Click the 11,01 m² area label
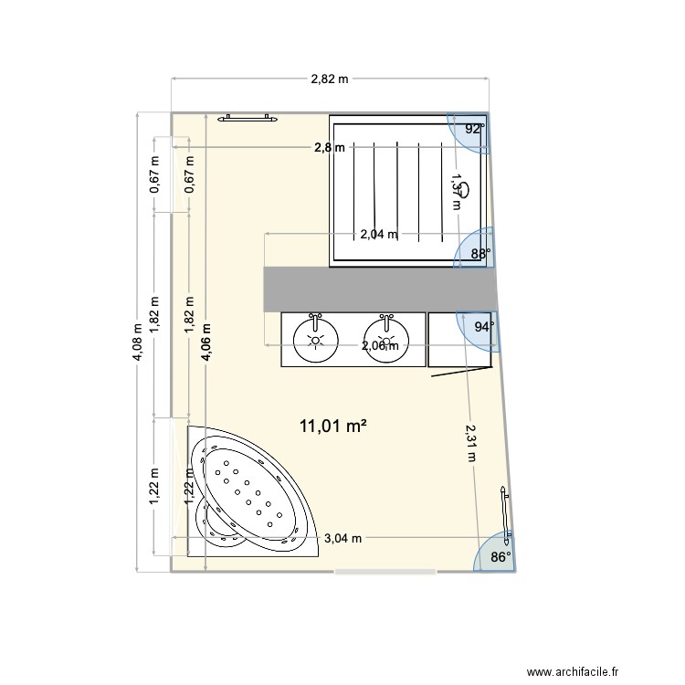[332, 426]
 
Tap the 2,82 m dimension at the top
[330, 79]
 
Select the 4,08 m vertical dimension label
[138, 342]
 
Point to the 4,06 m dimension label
[206, 342]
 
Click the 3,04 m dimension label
[343, 538]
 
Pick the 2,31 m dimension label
[470, 442]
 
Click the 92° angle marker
[474, 130]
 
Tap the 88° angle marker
[480, 253]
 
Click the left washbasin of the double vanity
[316, 340]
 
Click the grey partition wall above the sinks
[379, 288]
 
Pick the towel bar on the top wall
[247, 117]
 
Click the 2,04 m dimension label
[378, 234]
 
